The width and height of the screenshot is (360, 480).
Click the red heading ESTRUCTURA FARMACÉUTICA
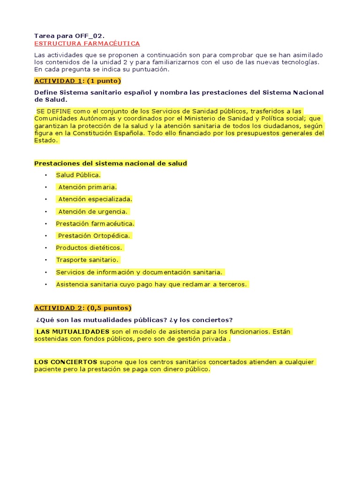87,44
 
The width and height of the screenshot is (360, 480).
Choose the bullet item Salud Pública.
78,175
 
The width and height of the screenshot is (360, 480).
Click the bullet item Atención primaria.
87,187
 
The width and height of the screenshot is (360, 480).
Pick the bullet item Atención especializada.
95,199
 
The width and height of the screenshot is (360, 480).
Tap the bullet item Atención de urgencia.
93,211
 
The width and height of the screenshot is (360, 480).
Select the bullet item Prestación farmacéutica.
95,224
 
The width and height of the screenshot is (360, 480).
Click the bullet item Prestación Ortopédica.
94,236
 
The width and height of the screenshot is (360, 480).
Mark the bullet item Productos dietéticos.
89,247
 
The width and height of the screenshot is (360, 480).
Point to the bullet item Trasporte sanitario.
88,260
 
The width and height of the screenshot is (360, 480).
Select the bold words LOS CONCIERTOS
66,362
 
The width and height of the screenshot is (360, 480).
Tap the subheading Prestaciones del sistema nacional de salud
111,163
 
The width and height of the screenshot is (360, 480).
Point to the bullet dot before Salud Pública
46,175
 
